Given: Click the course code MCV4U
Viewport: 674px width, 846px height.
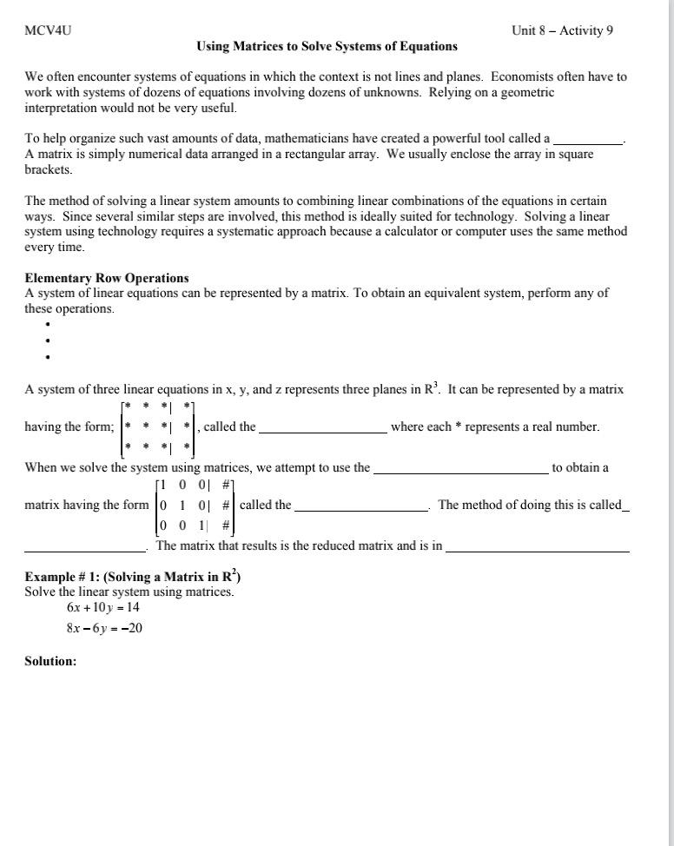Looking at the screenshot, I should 48,30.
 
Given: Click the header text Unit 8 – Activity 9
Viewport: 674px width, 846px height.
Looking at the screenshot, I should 562,30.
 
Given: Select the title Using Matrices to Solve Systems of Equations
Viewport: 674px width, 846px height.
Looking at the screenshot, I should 327,46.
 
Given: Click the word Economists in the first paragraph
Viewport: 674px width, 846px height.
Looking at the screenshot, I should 508,76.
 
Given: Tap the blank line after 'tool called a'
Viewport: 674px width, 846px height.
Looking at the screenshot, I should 588,140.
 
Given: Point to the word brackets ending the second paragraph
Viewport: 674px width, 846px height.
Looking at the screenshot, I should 48,170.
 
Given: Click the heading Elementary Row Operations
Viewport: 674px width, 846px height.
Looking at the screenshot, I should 107,278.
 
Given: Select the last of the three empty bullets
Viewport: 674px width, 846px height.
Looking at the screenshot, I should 48,357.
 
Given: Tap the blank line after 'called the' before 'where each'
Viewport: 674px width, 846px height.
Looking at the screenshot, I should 323,428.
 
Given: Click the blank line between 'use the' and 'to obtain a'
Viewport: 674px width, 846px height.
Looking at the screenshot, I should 460,469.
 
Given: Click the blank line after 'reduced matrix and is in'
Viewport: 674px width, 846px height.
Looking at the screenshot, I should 537,549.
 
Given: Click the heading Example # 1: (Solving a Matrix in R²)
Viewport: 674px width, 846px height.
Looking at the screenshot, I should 133,576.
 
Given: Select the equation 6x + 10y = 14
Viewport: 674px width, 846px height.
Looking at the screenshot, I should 102,608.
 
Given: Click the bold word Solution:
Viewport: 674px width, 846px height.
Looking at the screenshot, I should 50,661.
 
